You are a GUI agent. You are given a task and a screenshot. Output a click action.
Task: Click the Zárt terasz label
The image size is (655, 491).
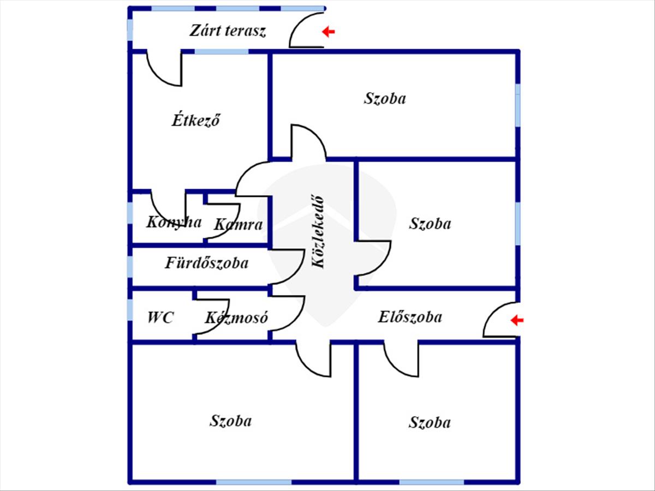pyautogui.click(x=228, y=31)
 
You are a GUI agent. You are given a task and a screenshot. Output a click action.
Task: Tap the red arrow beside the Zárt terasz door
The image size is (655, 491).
pyautogui.click(x=328, y=32)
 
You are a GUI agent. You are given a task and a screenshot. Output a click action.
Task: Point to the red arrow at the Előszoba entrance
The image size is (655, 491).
pyautogui.click(x=516, y=320)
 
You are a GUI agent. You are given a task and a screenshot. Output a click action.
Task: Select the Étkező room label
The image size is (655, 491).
pyautogui.click(x=195, y=120)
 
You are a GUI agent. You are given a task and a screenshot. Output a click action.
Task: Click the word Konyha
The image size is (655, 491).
pyautogui.click(x=174, y=222)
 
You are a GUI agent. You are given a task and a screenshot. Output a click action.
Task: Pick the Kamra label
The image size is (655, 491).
pyautogui.click(x=238, y=224)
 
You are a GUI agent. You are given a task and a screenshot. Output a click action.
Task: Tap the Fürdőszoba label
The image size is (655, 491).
pyautogui.click(x=207, y=263)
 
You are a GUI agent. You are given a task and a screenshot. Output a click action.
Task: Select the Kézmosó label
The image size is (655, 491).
pyautogui.click(x=236, y=318)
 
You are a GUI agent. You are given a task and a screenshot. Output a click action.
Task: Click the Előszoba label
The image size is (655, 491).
pyautogui.click(x=410, y=316)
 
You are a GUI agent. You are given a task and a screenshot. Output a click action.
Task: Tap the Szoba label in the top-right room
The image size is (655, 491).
pyautogui.click(x=385, y=99)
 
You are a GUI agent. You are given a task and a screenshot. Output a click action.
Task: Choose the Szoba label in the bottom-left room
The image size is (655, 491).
pyautogui.click(x=230, y=421)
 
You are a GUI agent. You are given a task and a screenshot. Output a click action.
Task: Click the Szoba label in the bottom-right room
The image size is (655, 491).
pyautogui.click(x=430, y=422)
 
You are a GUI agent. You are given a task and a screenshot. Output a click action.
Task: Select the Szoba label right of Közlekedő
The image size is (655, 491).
pyautogui.click(x=430, y=224)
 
